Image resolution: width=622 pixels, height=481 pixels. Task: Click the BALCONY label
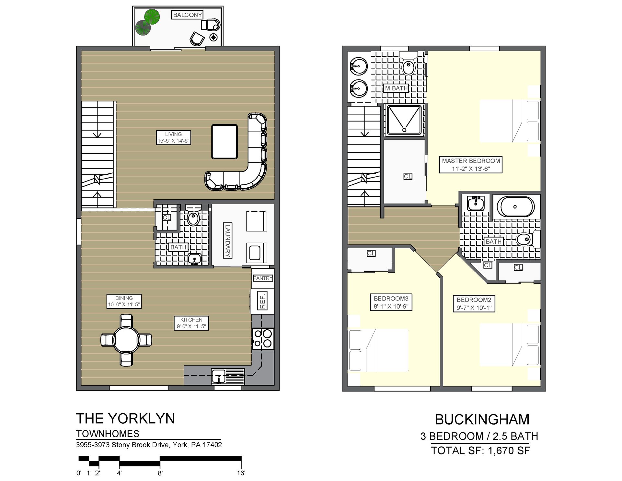[187, 15]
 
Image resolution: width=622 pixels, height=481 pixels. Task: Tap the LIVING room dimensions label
[173, 137]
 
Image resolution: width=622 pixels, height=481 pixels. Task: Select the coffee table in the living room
[225, 142]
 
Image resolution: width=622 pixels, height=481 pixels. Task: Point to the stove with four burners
[263, 339]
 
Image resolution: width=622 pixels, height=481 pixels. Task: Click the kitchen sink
[219, 376]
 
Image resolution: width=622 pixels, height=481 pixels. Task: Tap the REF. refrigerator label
[263, 301]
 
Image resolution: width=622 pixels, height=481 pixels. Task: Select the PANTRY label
[262, 278]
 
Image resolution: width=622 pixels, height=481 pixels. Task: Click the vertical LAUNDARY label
[228, 240]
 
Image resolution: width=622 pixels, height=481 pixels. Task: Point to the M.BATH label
[396, 88]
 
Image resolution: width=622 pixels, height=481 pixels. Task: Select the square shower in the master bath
[404, 120]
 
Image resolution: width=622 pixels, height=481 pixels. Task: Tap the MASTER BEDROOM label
[471, 165]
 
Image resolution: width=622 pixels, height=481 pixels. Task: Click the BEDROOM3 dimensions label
[391, 302]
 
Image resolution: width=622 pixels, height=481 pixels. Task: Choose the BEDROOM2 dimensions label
[474, 304]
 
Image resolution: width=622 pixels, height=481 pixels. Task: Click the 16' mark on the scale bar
[241, 473]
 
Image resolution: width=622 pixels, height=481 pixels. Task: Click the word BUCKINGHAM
[482, 420]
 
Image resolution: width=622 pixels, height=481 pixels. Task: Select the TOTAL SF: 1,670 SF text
[480, 451]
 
